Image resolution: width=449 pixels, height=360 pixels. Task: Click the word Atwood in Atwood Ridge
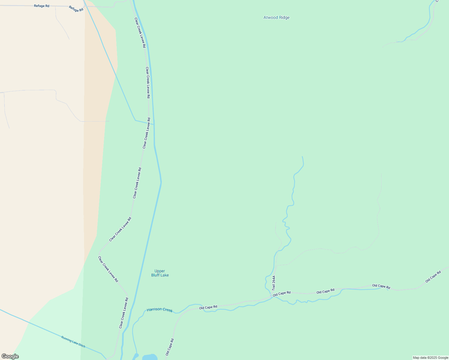270,18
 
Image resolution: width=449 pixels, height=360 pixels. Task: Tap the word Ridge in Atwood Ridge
284,18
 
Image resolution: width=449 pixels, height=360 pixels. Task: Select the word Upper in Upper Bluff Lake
160,271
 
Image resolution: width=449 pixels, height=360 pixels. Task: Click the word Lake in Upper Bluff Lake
165,275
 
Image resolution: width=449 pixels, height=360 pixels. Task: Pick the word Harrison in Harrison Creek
154,309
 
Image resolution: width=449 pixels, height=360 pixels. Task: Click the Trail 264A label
273,283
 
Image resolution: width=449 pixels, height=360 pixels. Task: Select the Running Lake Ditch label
73,342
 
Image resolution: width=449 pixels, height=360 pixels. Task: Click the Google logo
10,356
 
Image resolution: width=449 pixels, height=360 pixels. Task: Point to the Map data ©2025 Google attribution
430,358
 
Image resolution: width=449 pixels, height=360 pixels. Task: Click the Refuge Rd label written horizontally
41,6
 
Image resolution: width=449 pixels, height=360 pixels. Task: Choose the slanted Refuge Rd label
76,9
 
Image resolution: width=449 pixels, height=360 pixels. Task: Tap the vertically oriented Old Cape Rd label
170,347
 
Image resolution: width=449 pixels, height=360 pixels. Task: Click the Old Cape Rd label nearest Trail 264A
282,293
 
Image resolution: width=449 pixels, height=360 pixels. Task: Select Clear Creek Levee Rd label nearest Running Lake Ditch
124,313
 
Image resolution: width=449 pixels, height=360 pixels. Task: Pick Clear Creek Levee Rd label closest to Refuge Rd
140,33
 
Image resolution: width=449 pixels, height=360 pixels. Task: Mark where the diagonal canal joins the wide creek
154,124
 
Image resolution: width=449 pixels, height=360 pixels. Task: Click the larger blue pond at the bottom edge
149,357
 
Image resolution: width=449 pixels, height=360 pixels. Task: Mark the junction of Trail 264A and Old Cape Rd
271,296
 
